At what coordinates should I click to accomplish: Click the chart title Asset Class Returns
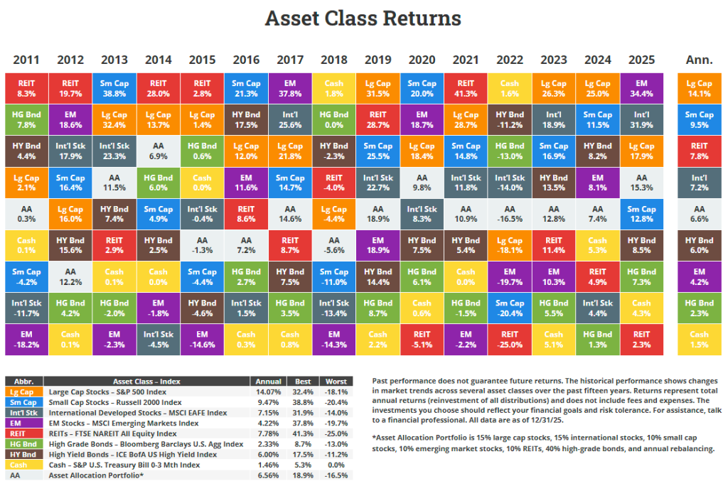pos(363,18)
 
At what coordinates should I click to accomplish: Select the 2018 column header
pos(333,60)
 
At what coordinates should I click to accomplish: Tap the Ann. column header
pos(699,60)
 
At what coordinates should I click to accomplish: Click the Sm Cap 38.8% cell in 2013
pos(114,88)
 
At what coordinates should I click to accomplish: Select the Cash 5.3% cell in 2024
pos(597,245)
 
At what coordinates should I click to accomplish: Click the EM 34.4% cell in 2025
pos(641,88)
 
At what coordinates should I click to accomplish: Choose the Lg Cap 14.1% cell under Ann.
pos(699,88)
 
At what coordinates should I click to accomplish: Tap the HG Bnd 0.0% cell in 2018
pos(333,119)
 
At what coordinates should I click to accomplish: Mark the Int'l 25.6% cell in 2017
pos(290,119)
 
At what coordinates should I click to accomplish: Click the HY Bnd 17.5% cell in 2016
pos(246,119)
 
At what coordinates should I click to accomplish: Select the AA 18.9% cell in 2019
pos(378,214)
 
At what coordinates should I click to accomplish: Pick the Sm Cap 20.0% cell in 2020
pos(422,88)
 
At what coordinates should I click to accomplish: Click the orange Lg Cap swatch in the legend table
pos(23,392)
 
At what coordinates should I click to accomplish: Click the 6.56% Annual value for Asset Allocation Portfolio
pos(267,476)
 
